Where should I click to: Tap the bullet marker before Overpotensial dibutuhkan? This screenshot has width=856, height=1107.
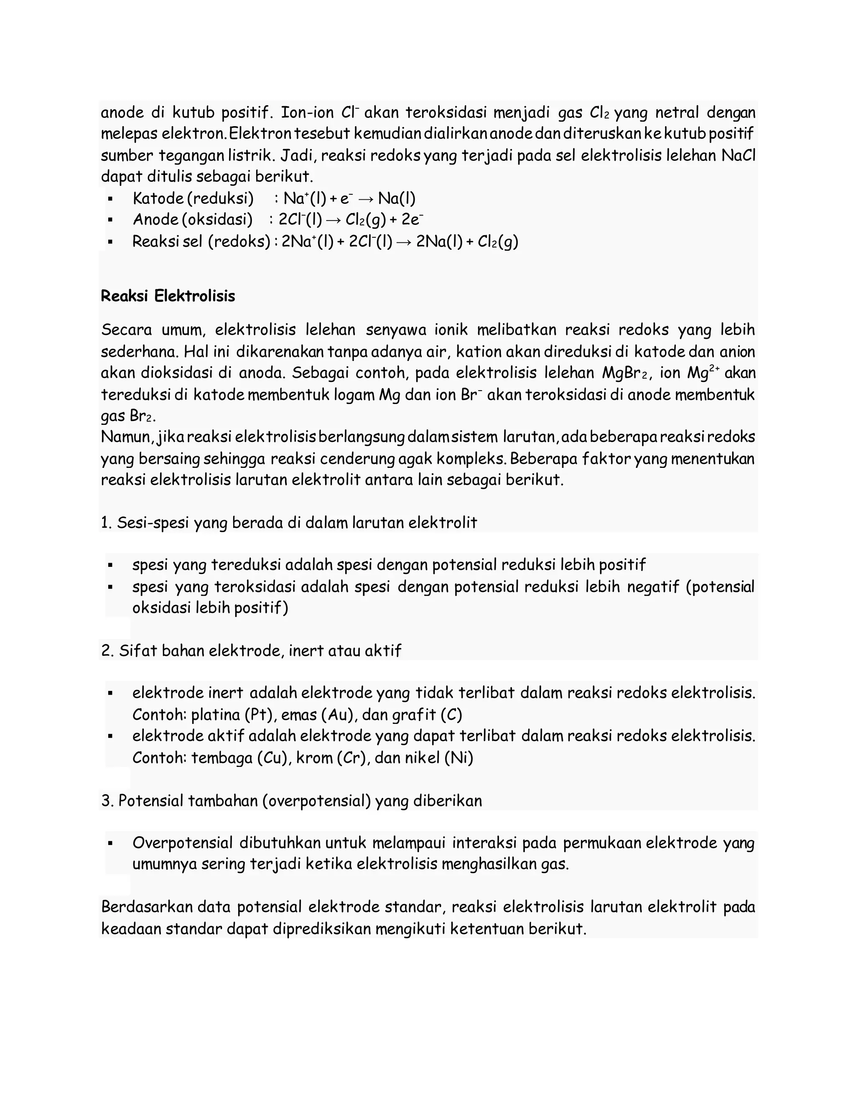pyautogui.click(x=110, y=844)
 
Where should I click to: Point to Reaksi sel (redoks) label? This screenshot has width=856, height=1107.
pyautogui.click(x=201, y=242)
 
